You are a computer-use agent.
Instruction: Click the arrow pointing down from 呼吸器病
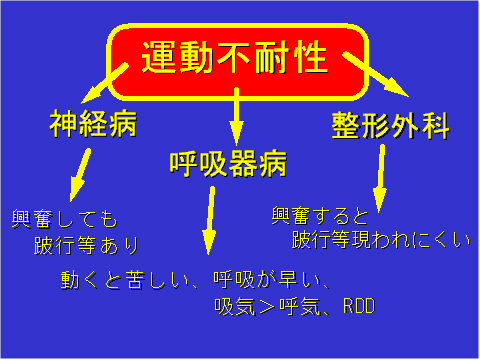[x=210, y=220]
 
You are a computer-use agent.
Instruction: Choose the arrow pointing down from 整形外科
[x=380, y=180]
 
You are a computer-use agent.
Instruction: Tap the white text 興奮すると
[x=320, y=215]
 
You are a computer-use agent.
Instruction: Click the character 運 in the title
[x=160, y=57]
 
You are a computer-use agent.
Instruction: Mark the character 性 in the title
[x=312, y=57]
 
